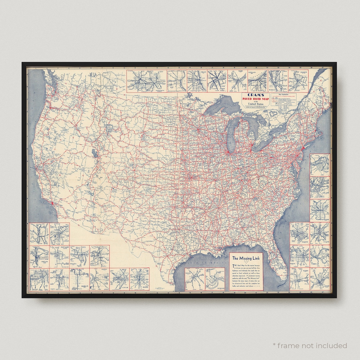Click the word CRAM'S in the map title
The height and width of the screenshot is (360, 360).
255,94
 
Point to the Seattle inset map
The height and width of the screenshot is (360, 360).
39,234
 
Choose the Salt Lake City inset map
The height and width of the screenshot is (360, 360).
59,257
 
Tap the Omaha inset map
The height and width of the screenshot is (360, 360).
79,257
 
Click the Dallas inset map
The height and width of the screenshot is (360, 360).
194,279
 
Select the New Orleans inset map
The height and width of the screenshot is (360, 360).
215,279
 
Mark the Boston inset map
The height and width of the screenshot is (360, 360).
320,165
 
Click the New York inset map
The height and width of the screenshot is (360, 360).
320,188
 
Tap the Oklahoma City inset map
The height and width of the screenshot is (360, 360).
79,279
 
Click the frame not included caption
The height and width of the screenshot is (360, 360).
310,345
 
